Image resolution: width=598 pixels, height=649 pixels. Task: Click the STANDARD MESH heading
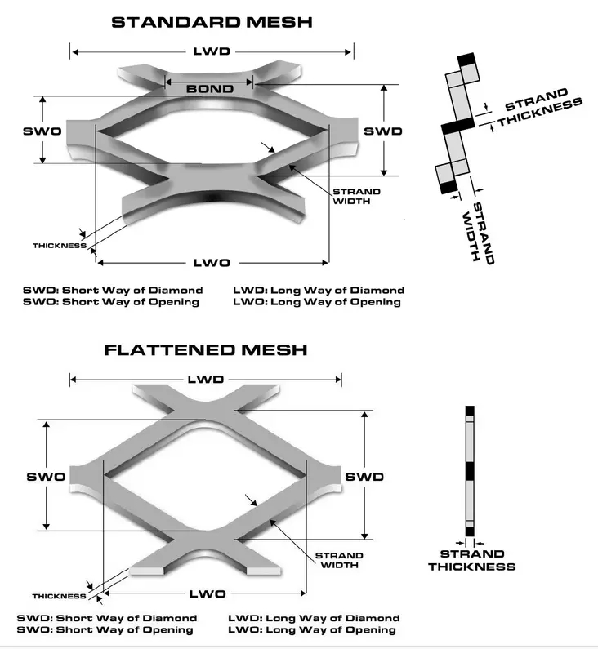[x=212, y=21]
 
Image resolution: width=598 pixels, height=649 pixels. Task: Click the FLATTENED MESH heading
[x=206, y=350]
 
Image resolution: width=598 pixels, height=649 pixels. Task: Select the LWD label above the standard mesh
[x=212, y=51]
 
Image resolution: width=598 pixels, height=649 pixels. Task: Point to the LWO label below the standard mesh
[x=212, y=262]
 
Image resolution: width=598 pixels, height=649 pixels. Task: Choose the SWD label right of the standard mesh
[x=383, y=131]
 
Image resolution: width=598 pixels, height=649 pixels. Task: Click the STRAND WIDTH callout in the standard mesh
[x=355, y=197]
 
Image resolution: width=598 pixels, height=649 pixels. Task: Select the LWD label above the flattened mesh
[x=205, y=380]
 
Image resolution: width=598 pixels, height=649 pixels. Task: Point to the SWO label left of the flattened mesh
[x=47, y=477]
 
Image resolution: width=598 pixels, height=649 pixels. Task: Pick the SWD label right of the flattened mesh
[x=364, y=477]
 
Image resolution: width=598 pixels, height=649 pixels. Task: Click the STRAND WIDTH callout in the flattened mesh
[x=338, y=560]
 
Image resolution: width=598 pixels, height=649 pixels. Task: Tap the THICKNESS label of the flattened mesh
[x=60, y=596]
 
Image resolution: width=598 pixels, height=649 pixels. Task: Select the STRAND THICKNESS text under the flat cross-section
[x=471, y=560]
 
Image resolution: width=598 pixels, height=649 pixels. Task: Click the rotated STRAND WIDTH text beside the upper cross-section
[x=479, y=232]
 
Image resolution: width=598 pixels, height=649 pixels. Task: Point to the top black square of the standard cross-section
[x=466, y=60]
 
